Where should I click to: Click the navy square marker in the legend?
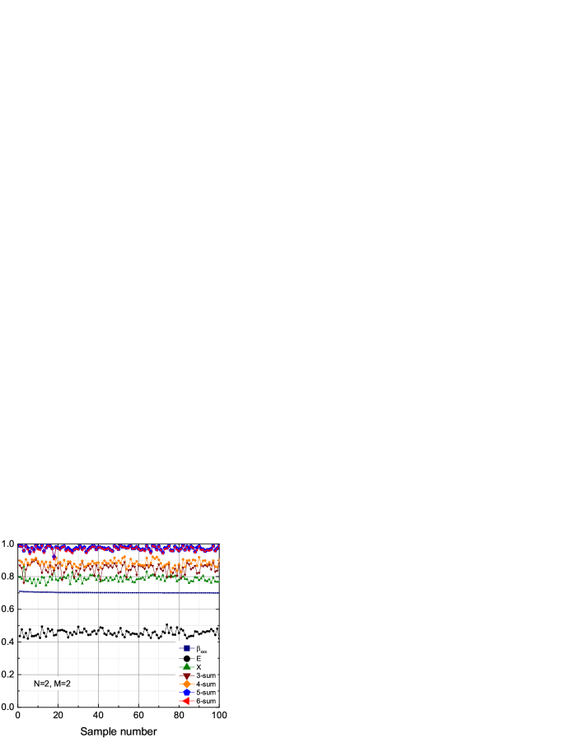pos(187,648)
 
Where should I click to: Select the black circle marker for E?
pos(187,658)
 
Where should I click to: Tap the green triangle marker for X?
pos(187,667)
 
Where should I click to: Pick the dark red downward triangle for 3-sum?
pos(187,675)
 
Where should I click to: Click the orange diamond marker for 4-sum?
pos(187,684)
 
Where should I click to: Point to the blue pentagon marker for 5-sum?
pos(187,693)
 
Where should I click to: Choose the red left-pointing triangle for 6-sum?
pos(187,701)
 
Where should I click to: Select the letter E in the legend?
pos(199,658)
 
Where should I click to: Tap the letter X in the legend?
pos(199,667)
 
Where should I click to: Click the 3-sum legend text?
pos(206,675)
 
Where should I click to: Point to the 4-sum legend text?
pos(206,684)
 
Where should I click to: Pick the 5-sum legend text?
pos(206,693)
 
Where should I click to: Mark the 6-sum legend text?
pos(206,701)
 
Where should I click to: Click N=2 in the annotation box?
pos(41,684)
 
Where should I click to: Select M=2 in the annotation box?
pos(63,684)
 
